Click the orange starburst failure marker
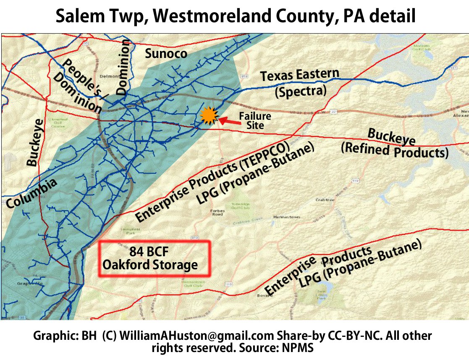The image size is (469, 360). point(208,116)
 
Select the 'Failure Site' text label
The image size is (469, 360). point(255,121)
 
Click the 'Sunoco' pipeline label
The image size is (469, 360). point(166,53)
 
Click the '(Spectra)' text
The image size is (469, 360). point(301,91)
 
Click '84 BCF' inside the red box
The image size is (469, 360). point(149,252)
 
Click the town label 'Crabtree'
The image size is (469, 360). point(325,200)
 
